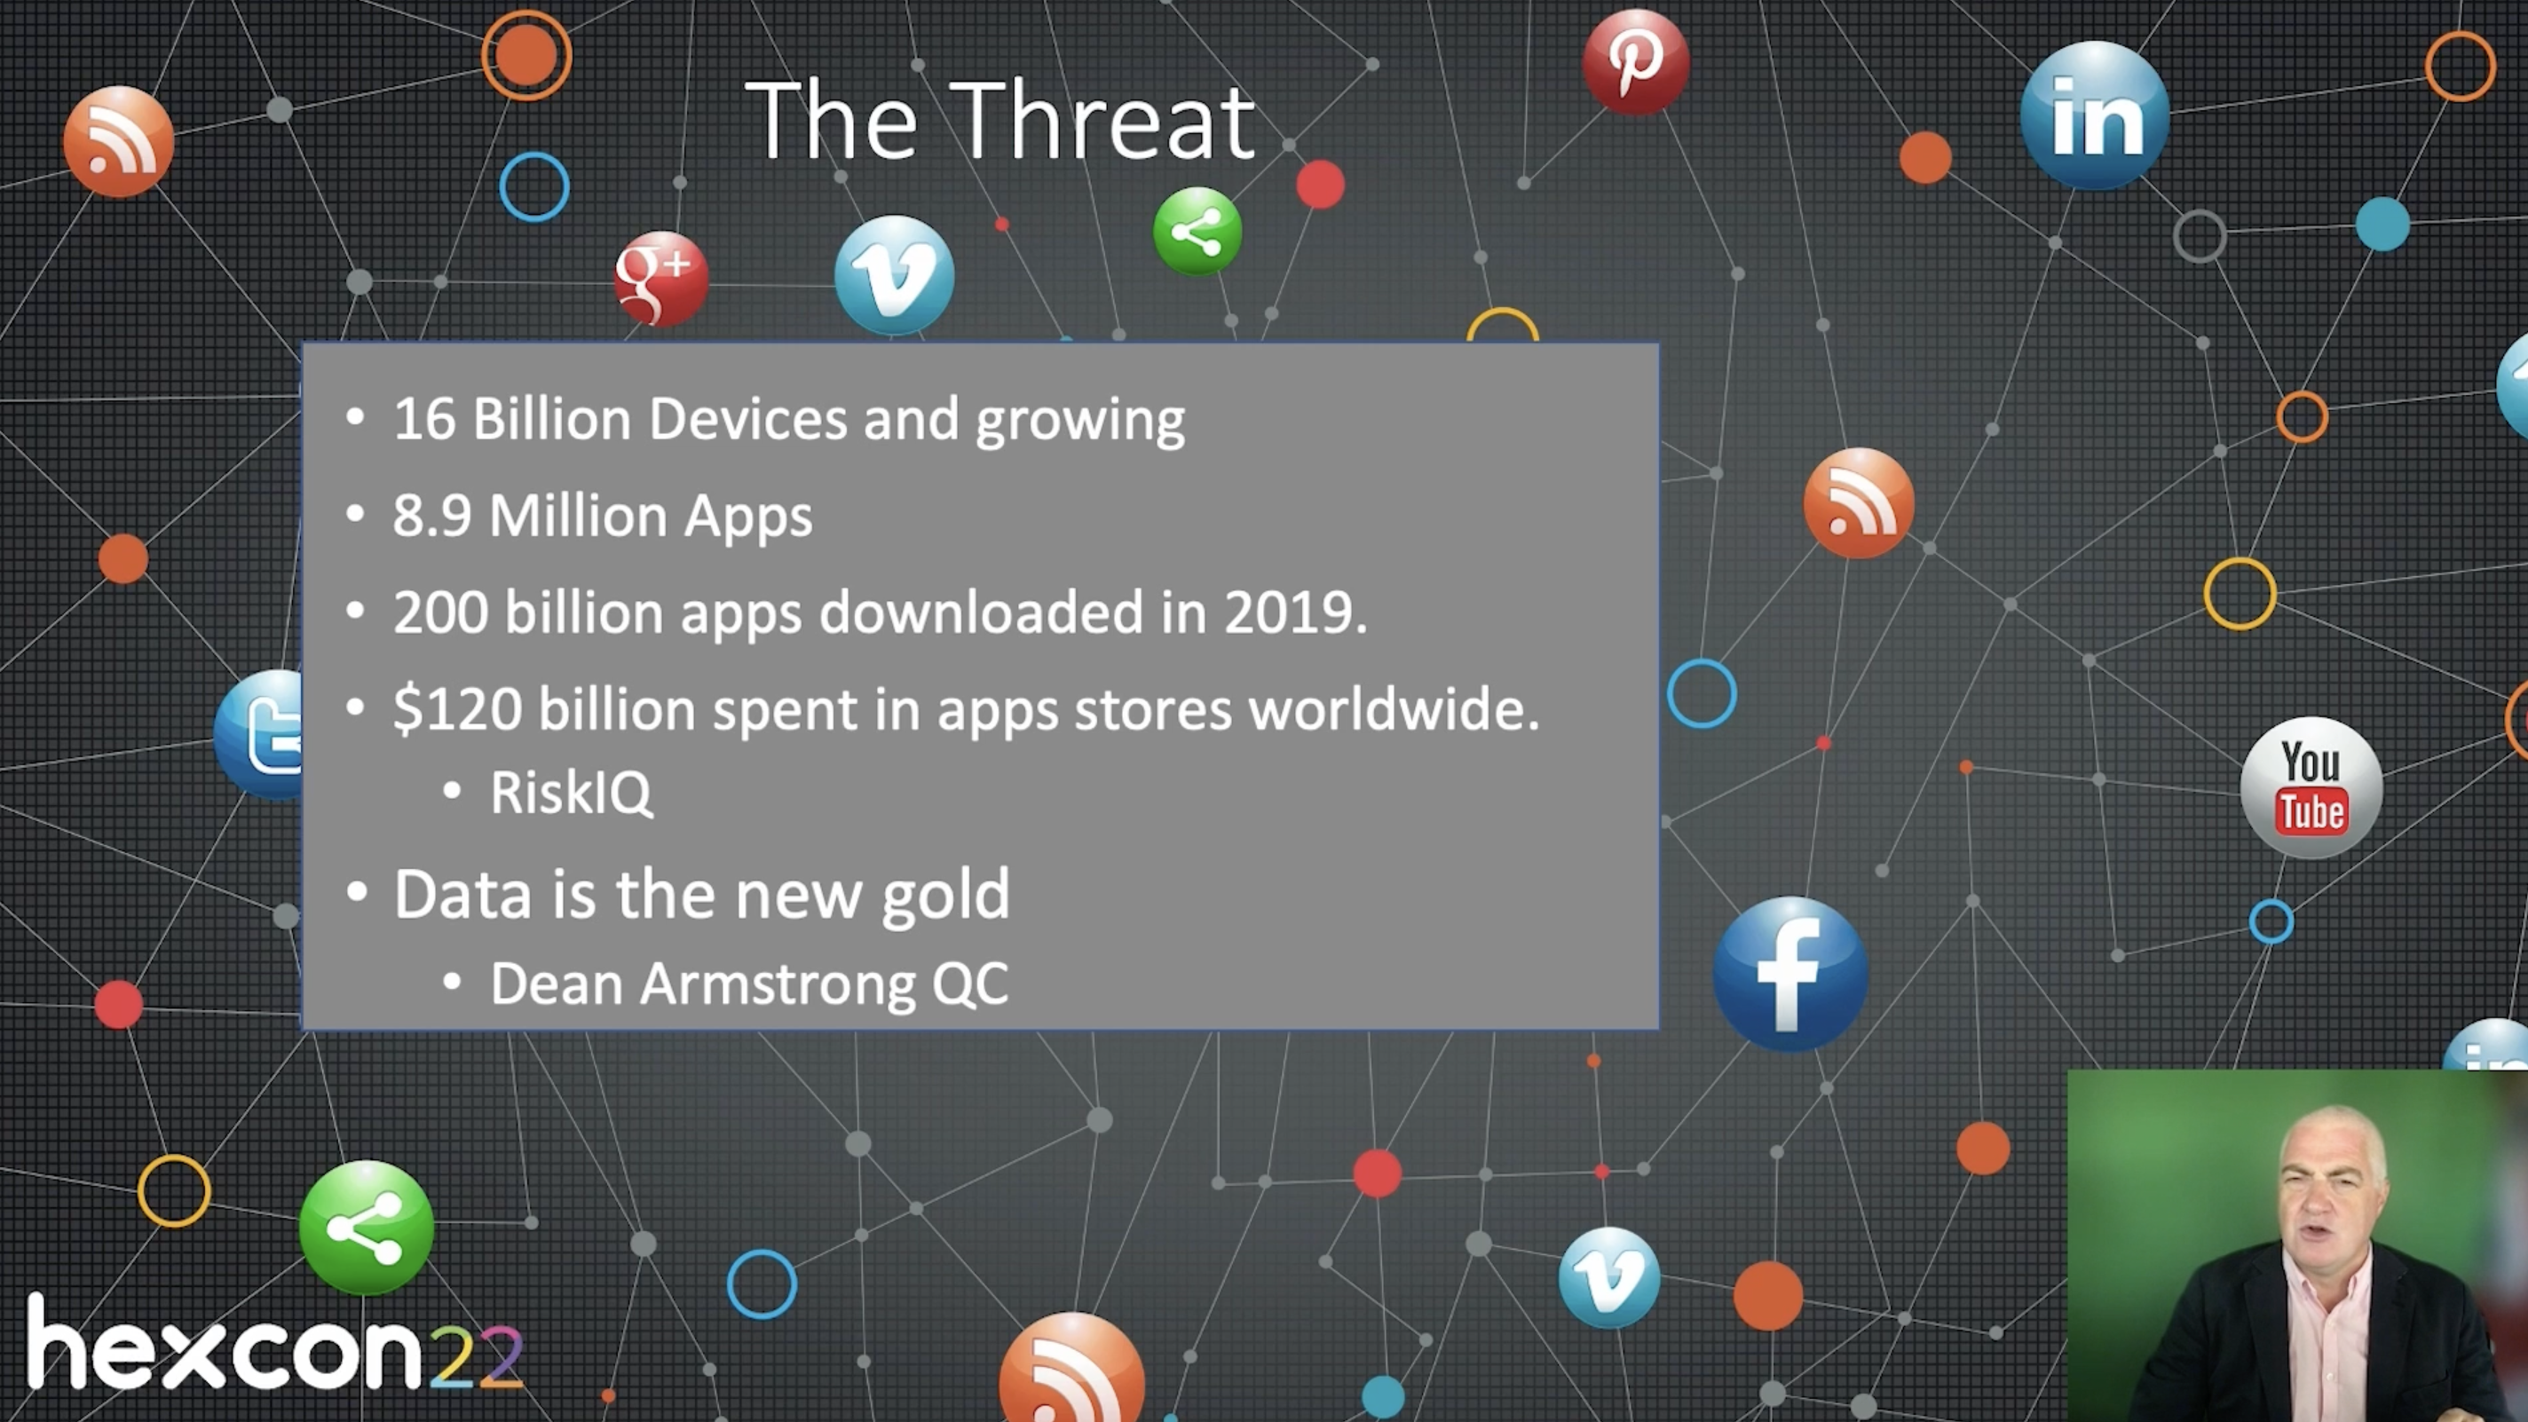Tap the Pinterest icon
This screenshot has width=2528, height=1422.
pos(1635,62)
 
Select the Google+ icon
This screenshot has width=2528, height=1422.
pos(660,278)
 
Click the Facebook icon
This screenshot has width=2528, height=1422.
pos(1790,974)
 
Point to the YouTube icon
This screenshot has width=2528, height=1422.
pos(2311,787)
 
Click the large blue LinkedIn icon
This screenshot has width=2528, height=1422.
pos(2094,115)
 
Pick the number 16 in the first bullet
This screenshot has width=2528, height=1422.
pos(424,419)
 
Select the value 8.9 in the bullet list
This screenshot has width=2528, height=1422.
pos(431,515)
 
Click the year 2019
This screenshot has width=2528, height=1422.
pos(1294,612)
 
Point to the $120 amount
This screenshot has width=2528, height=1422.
pos(457,708)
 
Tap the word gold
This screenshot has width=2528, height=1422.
pos(945,895)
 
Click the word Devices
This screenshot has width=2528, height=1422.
pos(747,419)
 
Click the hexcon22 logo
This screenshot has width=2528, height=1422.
pos(276,1341)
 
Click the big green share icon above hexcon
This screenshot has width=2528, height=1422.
pos(366,1228)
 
